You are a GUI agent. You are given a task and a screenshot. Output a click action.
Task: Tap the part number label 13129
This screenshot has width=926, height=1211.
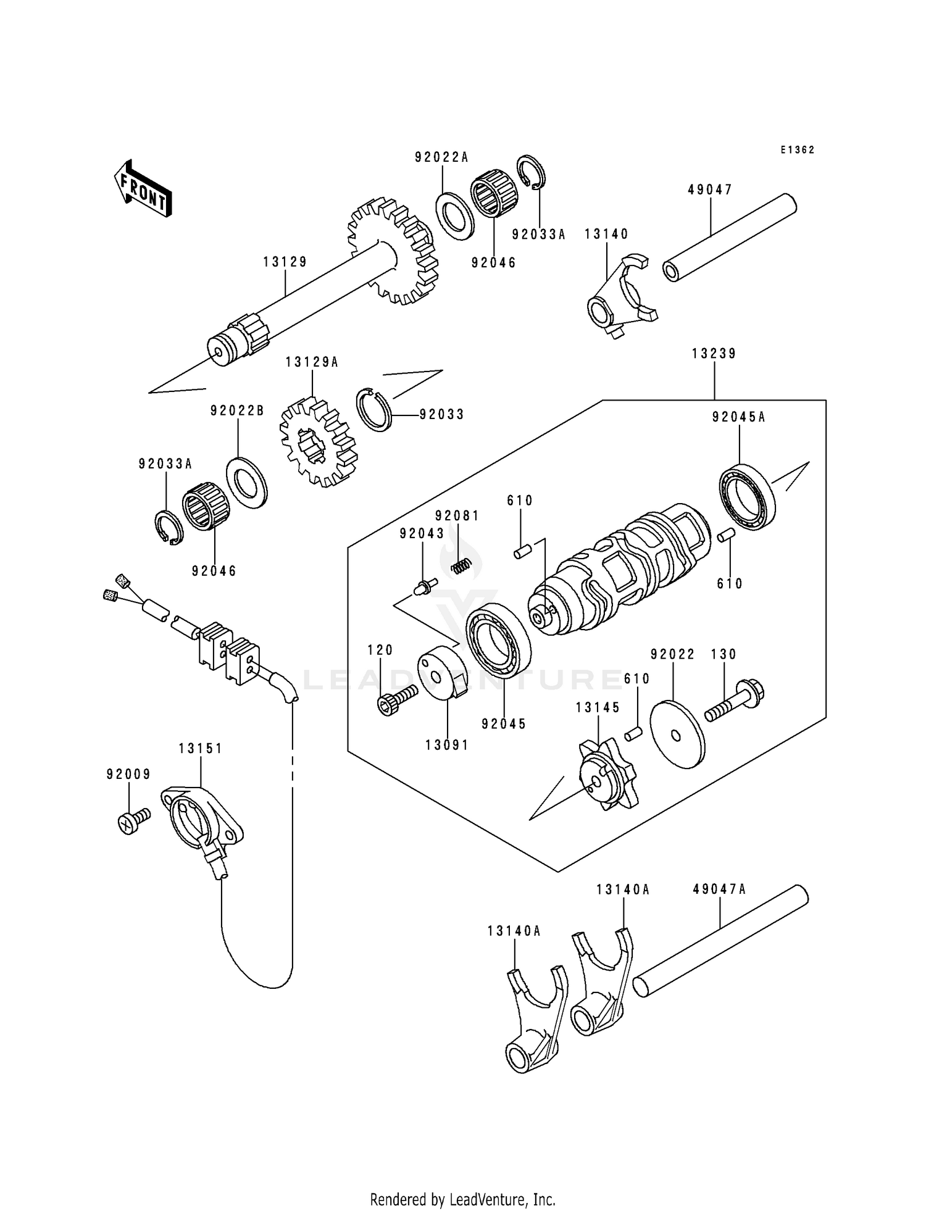285,262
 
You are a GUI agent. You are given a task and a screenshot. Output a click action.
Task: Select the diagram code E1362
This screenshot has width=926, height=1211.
797,150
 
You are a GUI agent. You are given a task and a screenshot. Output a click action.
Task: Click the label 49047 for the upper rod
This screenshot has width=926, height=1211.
710,190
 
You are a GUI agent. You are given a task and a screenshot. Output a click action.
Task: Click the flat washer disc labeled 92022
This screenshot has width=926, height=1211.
677,733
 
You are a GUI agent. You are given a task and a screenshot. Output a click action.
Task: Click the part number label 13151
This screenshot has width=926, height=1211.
201,748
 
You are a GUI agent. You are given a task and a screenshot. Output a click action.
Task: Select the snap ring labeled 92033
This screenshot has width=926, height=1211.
375,409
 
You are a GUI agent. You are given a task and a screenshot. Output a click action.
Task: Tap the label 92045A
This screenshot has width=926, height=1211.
738,417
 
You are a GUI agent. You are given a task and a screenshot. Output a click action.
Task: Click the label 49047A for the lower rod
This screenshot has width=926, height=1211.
719,889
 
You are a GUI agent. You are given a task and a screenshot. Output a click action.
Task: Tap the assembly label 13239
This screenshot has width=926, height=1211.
714,354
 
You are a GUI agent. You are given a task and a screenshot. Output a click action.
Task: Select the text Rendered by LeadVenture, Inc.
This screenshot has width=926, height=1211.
462,1199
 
